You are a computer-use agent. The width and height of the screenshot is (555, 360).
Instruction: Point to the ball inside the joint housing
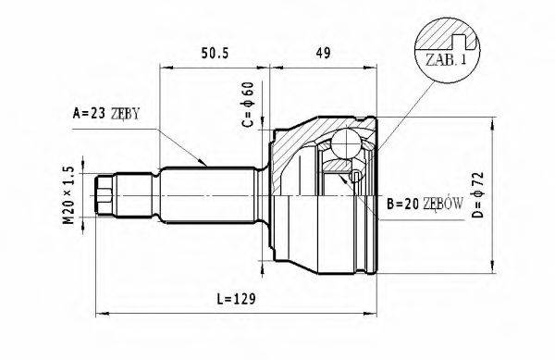346,143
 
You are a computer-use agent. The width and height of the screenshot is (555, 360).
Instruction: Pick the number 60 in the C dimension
247,93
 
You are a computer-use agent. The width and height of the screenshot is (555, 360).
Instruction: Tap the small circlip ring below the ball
356,176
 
